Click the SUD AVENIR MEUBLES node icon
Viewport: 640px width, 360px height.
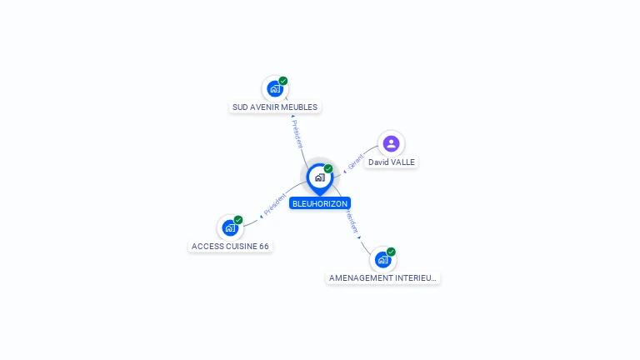pyautogui.click(x=274, y=88)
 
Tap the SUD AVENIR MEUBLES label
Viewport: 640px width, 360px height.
pyautogui.click(x=275, y=107)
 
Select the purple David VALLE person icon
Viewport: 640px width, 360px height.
pyautogui.click(x=391, y=143)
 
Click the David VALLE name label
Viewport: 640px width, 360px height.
pyautogui.click(x=392, y=162)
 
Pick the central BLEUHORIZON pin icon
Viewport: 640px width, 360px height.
pyautogui.click(x=319, y=177)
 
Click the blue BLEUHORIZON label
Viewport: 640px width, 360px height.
pyautogui.click(x=320, y=203)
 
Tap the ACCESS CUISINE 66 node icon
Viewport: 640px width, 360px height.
pyautogui.click(x=230, y=227)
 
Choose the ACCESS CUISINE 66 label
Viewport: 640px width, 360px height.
pyautogui.click(x=230, y=247)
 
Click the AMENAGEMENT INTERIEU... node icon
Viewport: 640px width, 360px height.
pyautogui.click(x=382, y=259)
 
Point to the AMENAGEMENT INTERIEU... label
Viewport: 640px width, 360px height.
pyautogui.click(x=382, y=278)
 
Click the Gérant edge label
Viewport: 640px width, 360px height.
pyautogui.click(x=356, y=161)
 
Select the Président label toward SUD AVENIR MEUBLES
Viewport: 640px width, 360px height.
pyautogui.click(x=297, y=134)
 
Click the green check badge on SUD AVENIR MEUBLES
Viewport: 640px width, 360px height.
pyautogui.click(x=283, y=81)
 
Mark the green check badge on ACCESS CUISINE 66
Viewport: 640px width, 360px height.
pyautogui.click(x=238, y=220)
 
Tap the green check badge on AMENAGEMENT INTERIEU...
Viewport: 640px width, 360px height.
pyautogui.click(x=391, y=252)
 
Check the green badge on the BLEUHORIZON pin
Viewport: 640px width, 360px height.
pyautogui.click(x=328, y=169)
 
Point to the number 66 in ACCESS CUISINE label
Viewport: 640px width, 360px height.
pyautogui.click(x=263, y=247)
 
